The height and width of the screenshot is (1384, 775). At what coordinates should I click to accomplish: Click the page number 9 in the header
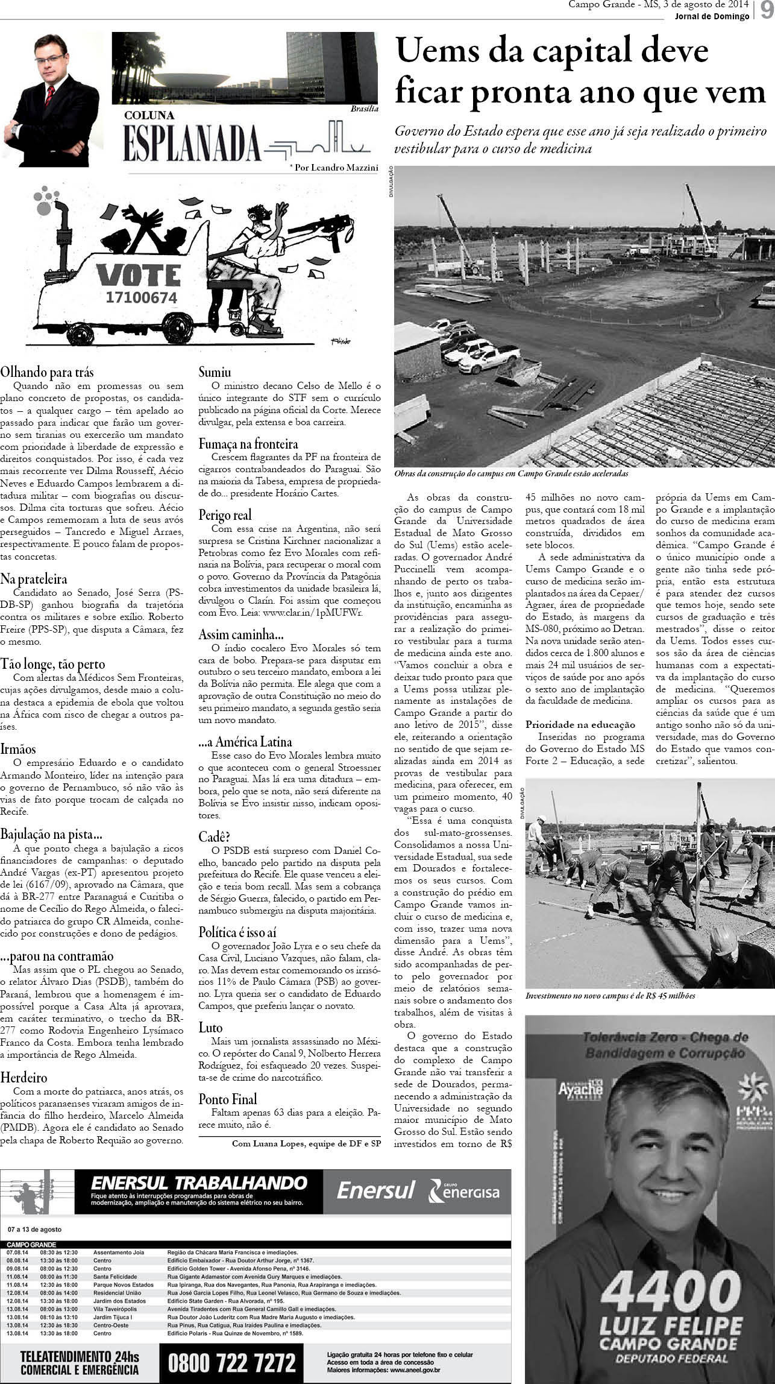765,11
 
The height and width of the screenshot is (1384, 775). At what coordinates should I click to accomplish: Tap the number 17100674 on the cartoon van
141,297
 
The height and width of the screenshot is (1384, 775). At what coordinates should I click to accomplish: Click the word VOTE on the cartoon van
139,275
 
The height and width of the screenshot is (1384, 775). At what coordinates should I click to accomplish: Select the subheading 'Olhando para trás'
47,372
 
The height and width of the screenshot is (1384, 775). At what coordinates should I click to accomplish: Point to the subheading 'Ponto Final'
228,1099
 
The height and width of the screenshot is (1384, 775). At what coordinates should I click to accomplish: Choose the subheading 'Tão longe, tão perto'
52,665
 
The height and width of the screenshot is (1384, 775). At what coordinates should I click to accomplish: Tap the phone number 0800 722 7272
232,1362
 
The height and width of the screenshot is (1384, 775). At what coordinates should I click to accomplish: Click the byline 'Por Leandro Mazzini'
334,168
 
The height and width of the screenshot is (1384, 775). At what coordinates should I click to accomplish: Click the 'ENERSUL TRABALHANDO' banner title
199,1183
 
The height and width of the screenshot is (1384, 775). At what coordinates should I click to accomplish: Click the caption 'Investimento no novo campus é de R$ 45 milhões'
610,996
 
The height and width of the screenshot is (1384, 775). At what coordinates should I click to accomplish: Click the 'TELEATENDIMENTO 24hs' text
80,1357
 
